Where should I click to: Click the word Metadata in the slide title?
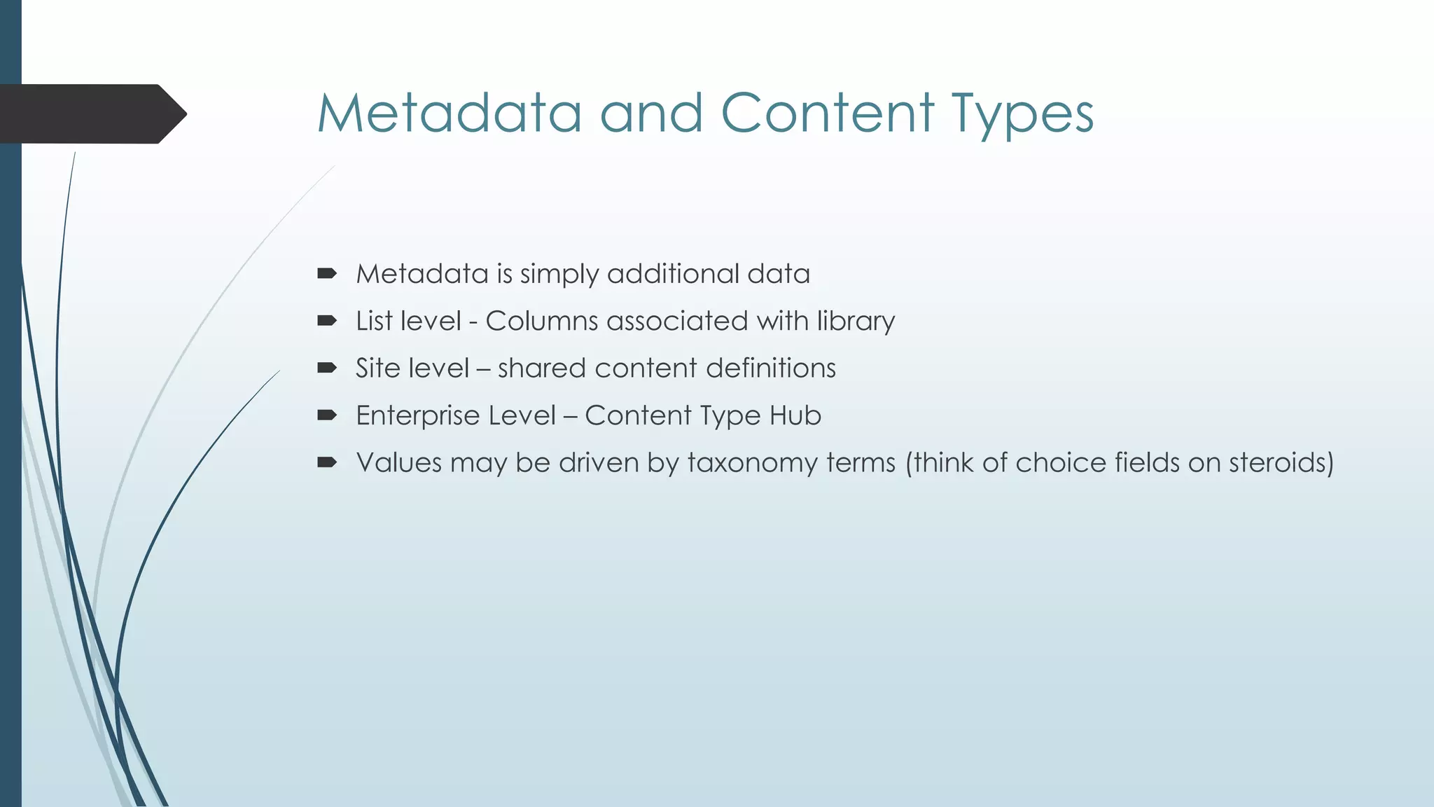click(450, 113)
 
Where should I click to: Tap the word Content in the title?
click(827, 113)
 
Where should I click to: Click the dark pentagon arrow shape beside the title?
click(91, 114)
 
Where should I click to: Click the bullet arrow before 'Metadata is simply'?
click(327, 273)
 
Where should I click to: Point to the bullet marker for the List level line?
click(327, 321)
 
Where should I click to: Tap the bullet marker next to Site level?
click(327, 368)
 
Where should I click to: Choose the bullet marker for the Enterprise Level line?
click(327, 415)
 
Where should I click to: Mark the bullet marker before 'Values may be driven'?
click(327, 462)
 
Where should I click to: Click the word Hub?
click(795, 416)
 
